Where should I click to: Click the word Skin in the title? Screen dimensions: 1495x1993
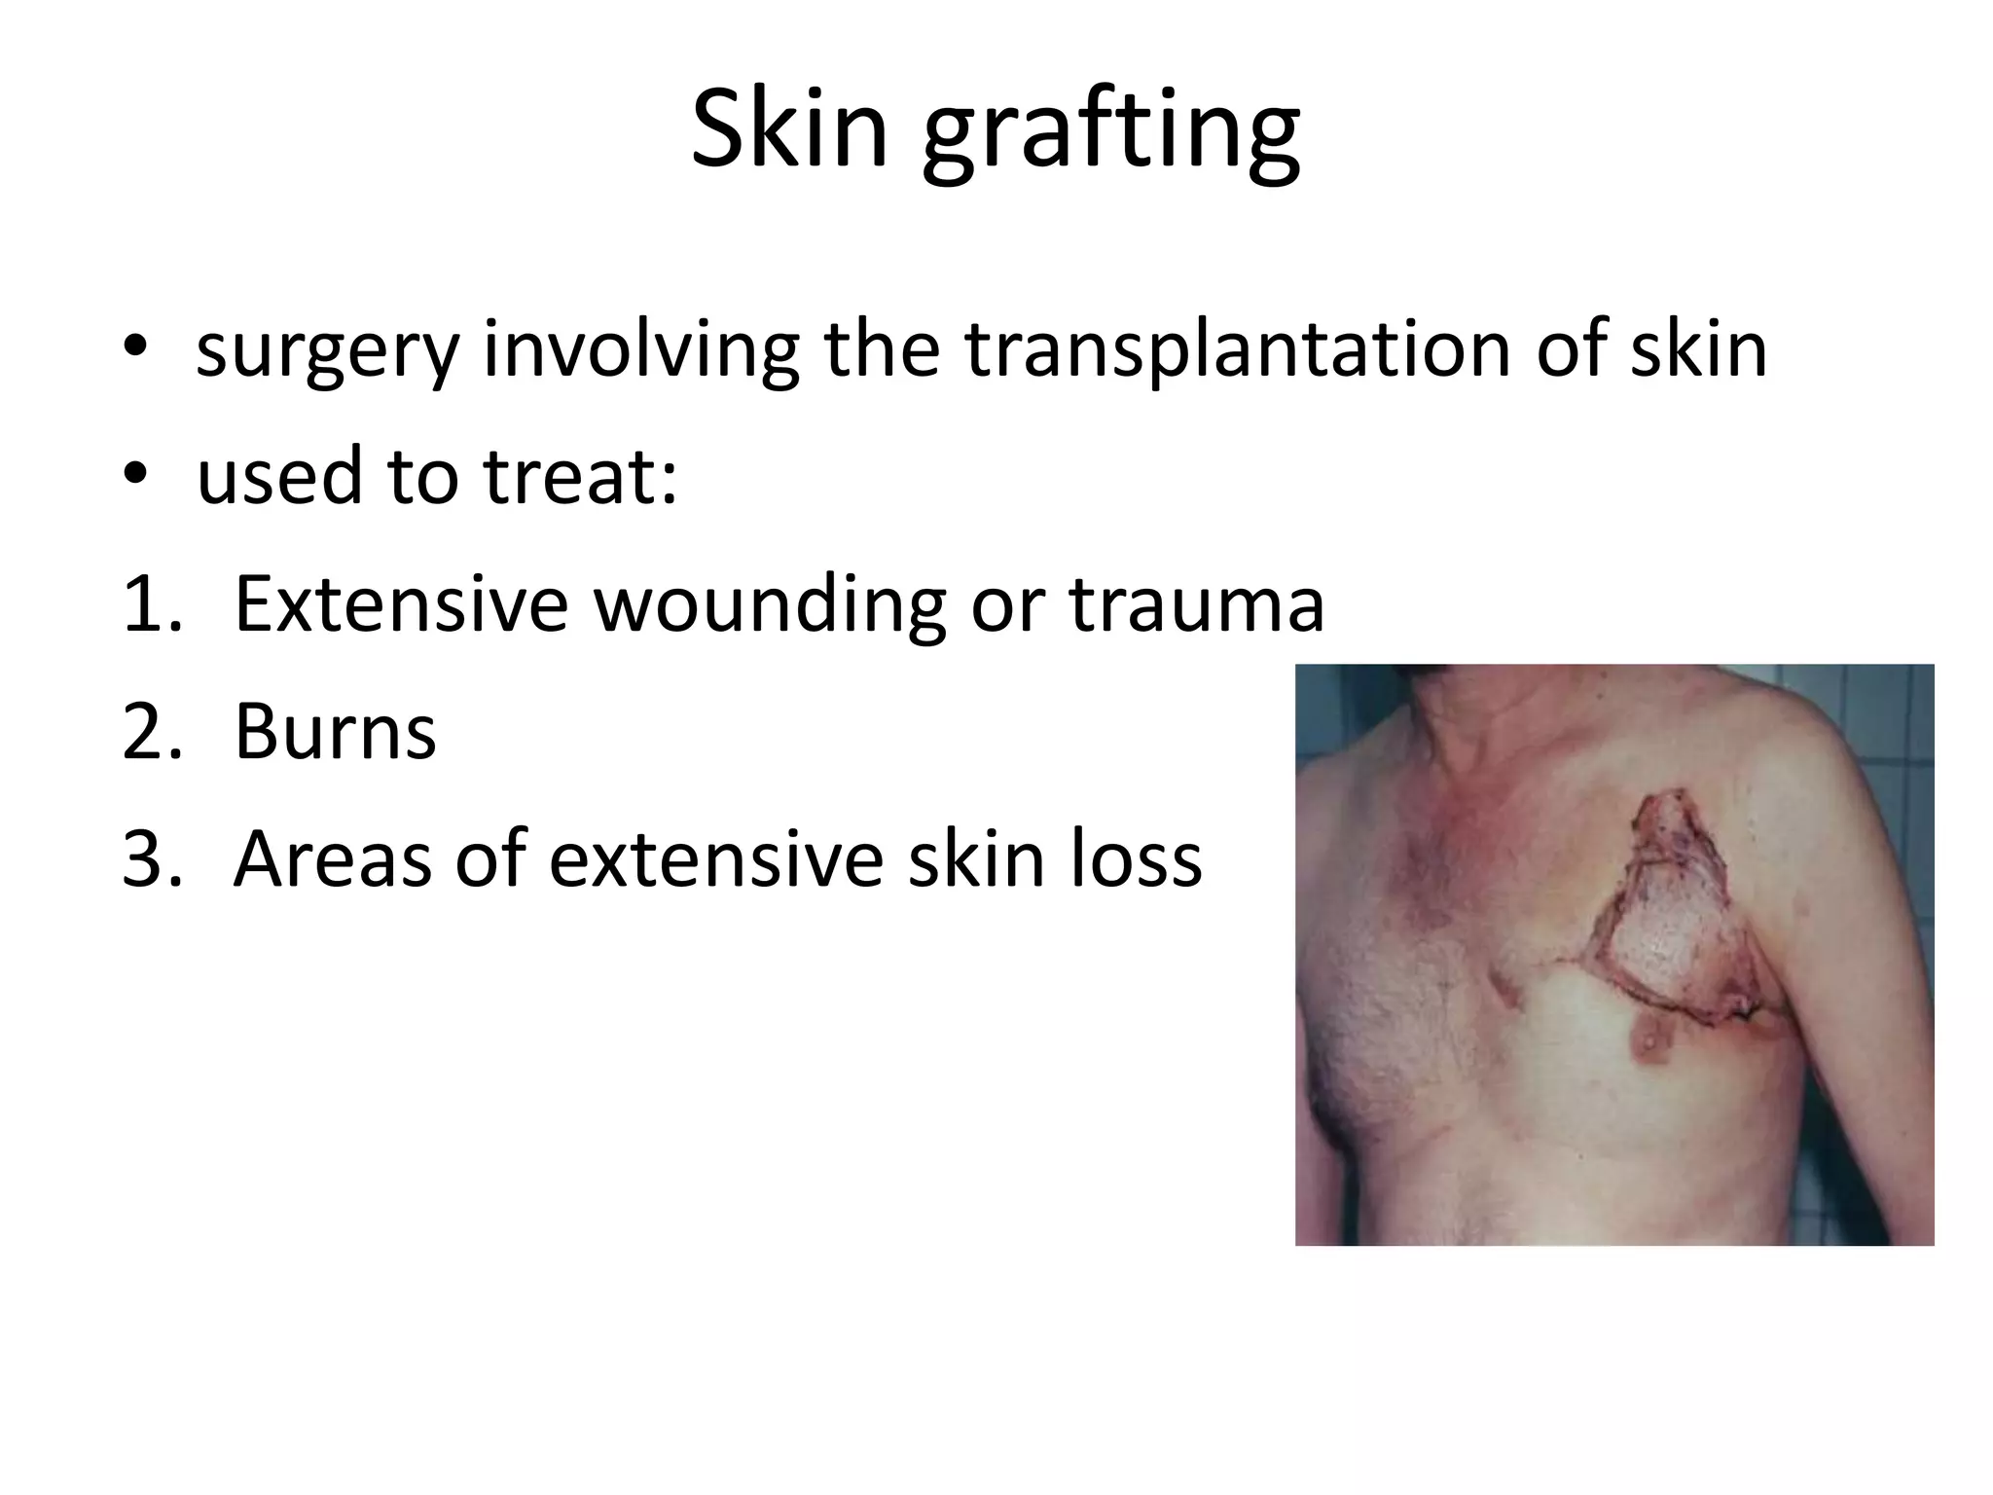pos(789,128)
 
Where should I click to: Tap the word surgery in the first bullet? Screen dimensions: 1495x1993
pos(327,352)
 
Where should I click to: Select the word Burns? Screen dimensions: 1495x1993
pos(335,731)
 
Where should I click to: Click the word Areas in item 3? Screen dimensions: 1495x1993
pos(332,858)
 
